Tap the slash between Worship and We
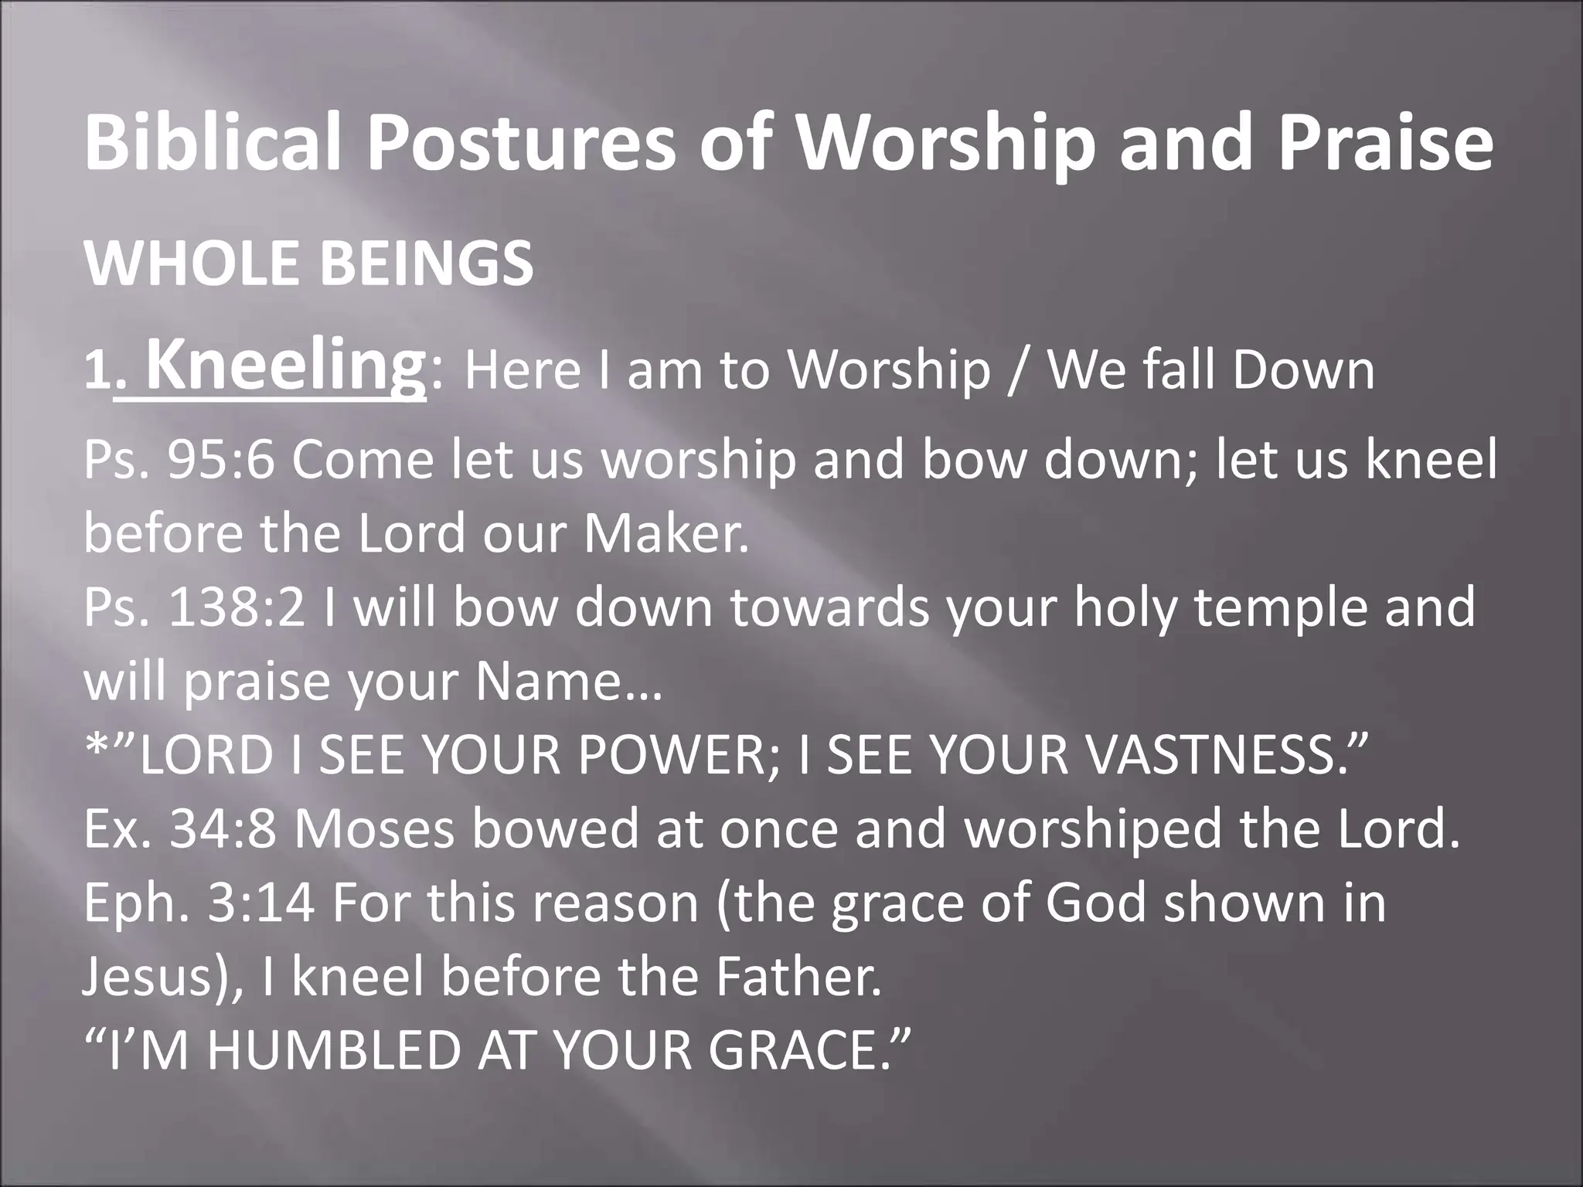click(1019, 371)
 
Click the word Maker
click(666, 534)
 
